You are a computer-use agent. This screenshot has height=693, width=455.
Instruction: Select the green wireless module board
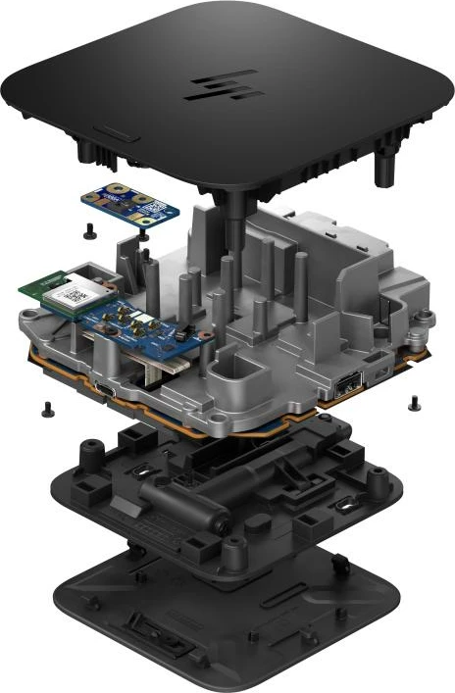[x=59, y=290]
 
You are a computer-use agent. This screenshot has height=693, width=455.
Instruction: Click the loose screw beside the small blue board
[x=89, y=232]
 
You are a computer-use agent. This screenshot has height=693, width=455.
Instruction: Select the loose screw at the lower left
[x=46, y=405]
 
